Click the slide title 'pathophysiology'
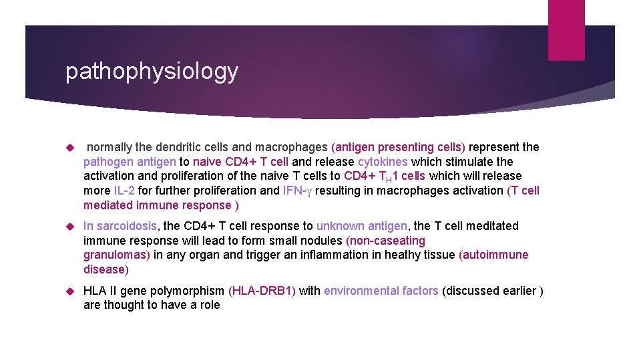point(151,72)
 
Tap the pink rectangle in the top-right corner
point(566,30)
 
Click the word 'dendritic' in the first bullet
point(178,147)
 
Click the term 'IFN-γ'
point(298,191)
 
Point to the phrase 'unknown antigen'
point(361,226)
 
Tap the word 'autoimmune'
point(495,255)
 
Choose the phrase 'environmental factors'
point(381,291)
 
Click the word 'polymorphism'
point(189,291)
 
